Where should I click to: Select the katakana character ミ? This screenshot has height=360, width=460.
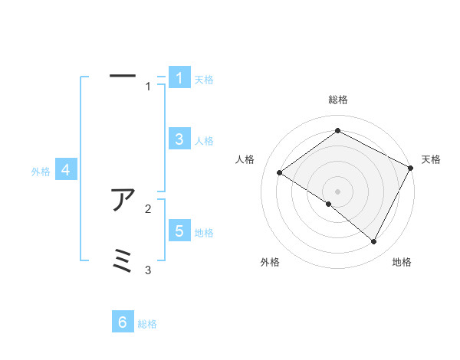click(x=123, y=260)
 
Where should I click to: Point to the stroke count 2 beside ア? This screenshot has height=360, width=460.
click(x=148, y=208)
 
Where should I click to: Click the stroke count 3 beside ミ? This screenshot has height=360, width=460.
click(x=148, y=270)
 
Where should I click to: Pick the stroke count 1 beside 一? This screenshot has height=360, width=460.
click(x=148, y=87)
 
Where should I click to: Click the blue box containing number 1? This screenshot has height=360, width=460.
click(x=179, y=78)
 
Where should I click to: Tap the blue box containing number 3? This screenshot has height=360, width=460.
click(x=179, y=139)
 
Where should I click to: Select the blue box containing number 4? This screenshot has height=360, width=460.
click(x=66, y=171)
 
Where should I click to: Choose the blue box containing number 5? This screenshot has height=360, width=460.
click(x=179, y=231)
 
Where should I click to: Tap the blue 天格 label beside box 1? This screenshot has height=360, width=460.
click(x=204, y=80)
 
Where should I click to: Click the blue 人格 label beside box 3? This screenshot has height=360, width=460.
click(x=204, y=141)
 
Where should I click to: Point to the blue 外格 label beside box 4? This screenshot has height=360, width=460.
click(x=41, y=172)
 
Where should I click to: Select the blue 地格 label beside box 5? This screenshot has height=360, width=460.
click(x=204, y=233)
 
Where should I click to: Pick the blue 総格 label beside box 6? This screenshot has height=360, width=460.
click(x=147, y=324)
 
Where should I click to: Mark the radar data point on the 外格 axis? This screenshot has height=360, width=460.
click(x=329, y=205)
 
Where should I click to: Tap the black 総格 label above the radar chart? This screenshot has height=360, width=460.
click(x=338, y=100)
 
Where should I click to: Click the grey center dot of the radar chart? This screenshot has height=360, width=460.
click(x=337, y=191)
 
